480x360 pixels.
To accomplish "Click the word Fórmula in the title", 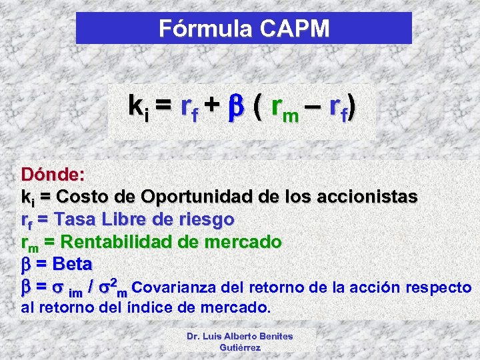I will click(x=201, y=29).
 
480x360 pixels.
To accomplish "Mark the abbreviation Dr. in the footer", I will click(x=194, y=336).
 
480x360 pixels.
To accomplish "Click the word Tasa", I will click(x=73, y=219).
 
